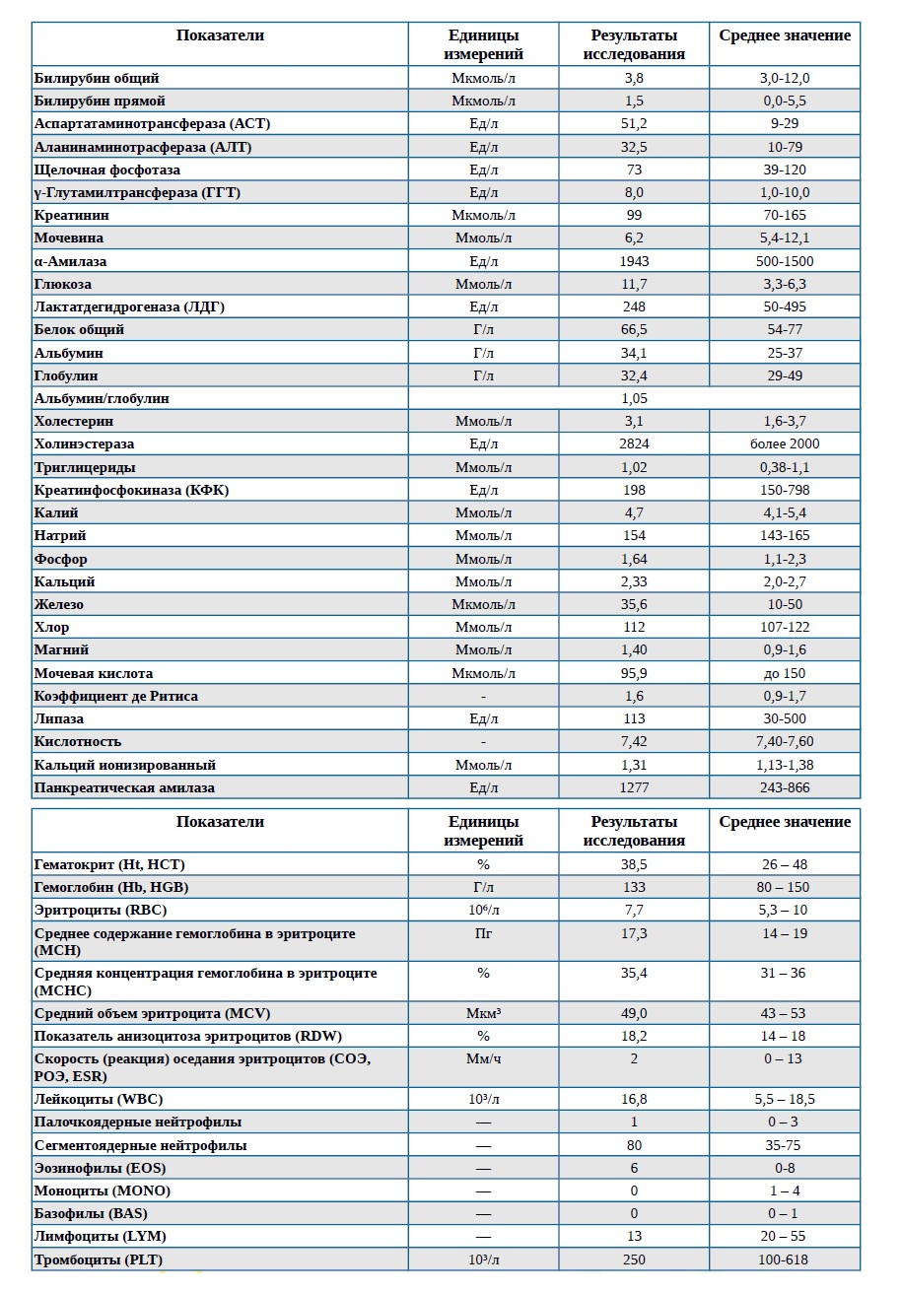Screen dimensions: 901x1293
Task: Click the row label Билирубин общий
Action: point(96,78)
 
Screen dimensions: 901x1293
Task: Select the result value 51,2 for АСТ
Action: point(634,123)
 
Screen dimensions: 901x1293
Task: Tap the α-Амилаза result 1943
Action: point(634,261)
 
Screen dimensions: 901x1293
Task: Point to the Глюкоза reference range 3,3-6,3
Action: point(785,284)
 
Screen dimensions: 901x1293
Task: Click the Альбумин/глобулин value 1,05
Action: point(634,398)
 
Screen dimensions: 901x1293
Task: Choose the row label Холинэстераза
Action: point(84,443)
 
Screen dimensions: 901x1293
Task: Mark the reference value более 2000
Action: point(785,443)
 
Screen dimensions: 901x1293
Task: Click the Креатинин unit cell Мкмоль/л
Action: point(483,215)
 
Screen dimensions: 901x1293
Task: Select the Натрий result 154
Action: point(634,536)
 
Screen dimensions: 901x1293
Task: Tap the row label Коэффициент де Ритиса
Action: point(115,696)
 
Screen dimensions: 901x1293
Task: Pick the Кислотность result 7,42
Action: point(634,742)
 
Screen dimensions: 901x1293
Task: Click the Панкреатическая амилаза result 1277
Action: point(634,788)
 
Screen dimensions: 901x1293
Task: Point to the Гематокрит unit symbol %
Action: point(483,864)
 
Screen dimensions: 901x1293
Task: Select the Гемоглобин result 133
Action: point(634,887)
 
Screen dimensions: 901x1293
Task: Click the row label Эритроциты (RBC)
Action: point(101,911)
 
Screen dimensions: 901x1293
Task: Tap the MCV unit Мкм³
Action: point(483,1014)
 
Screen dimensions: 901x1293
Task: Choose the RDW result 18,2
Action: point(634,1036)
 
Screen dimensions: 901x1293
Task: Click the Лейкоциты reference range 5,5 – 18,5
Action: point(785,1100)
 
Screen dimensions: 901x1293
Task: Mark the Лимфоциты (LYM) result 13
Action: point(634,1237)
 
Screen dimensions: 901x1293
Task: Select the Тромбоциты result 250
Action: point(634,1260)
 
